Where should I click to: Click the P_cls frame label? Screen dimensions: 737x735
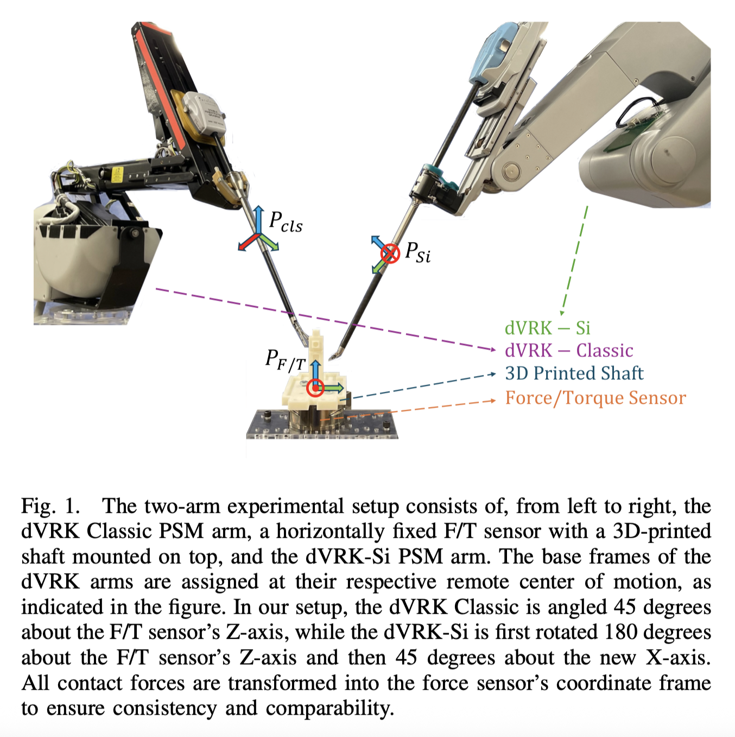point(286,222)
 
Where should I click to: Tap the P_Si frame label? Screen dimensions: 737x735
point(418,252)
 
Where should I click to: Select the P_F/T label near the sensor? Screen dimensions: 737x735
point(285,360)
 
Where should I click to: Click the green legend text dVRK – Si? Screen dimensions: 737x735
point(547,328)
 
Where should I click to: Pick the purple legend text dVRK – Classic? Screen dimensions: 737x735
point(569,351)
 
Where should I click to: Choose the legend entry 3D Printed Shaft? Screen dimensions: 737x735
point(574,373)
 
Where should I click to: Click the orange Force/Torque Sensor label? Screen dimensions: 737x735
point(595,398)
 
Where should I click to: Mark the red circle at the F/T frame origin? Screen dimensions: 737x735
point(315,387)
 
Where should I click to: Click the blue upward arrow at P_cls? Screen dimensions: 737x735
point(259,219)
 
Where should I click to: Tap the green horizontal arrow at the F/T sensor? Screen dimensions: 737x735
point(332,387)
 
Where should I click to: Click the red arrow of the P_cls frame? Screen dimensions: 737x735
point(247,243)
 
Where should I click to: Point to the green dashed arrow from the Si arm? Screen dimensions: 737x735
point(574,261)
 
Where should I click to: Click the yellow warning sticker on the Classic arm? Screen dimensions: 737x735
point(117,174)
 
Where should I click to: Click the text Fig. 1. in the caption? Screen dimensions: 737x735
point(50,506)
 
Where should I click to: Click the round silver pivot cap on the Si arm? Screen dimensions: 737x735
point(510,172)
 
